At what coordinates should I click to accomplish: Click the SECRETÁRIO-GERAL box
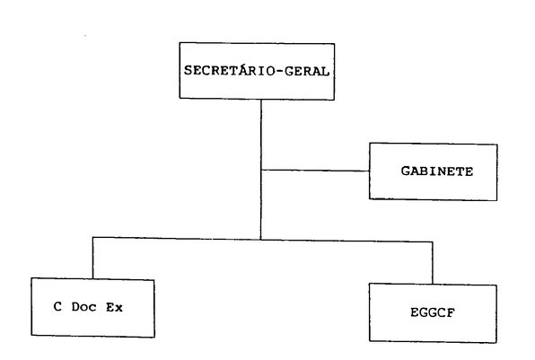click(257, 71)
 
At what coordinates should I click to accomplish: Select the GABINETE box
click(434, 171)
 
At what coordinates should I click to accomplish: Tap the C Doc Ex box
click(92, 307)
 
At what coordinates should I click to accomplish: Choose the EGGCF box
click(433, 313)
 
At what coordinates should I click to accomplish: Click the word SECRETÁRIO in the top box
click(229, 70)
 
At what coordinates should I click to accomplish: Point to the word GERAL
click(307, 71)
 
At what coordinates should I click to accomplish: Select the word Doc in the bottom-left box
click(84, 307)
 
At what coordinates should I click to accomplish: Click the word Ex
click(114, 307)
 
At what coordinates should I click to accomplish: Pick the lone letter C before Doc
click(57, 307)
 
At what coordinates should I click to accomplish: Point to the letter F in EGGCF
click(451, 313)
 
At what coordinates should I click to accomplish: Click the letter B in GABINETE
click(420, 171)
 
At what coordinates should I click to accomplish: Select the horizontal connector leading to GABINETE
click(315, 171)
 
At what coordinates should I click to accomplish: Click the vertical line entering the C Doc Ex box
click(92, 258)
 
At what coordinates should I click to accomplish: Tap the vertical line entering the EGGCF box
click(433, 263)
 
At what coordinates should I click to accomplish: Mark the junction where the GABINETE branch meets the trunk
click(261, 170)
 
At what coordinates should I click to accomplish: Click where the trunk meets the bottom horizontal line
click(261, 239)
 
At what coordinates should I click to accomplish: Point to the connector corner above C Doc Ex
click(92, 237)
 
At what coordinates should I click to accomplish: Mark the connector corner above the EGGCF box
click(433, 241)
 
